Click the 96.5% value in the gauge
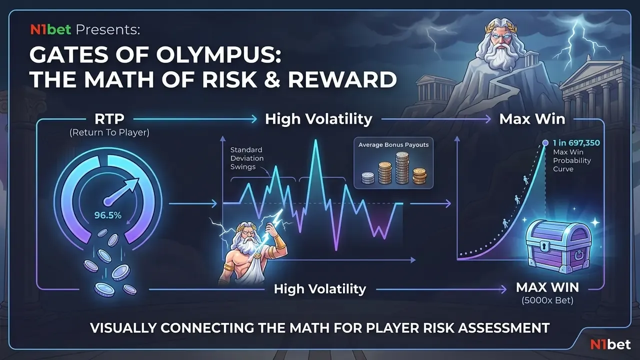(107, 215)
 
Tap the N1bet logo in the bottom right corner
(610, 344)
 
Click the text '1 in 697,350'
(576, 143)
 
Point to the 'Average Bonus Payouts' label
(393, 145)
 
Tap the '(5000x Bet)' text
(547, 300)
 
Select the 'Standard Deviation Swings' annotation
(247, 158)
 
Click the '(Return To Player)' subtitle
(109, 132)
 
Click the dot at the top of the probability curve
(545, 142)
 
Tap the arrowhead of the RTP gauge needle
(133, 183)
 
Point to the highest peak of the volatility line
(315, 140)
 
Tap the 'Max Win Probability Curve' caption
(571, 160)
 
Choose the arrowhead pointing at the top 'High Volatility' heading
(254, 119)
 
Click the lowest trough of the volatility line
(336, 249)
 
